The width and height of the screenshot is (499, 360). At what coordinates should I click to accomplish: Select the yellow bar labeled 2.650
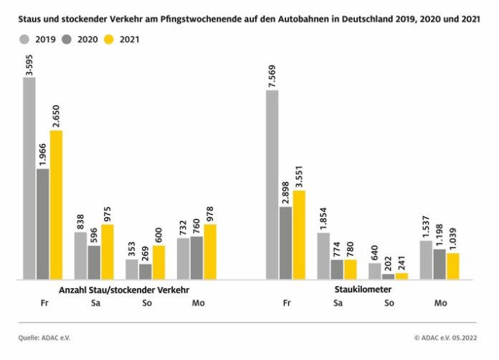pyautogui.click(x=56, y=204)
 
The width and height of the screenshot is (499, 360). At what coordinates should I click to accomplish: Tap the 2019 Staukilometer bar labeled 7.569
pyautogui.click(x=272, y=184)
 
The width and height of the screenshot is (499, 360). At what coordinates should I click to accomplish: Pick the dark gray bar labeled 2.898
pyautogui.click(x=286, y=242)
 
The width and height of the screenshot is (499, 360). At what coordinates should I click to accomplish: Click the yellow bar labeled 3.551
pyautogui.click(x=299, y=235)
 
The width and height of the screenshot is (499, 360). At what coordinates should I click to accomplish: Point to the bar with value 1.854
pyautogui.click(x=323, y=255)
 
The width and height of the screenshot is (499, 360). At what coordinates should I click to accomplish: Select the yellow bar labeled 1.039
pyautogui.click(x=452, y=265)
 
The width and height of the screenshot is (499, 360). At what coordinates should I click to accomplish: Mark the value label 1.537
pyautogui.click(x=427, y=224)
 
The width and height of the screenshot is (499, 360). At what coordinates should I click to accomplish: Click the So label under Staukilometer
pyautogui.click(x=389, y=303)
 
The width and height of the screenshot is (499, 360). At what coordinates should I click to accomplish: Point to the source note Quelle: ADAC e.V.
pyautogui.click(x=46, y=337)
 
